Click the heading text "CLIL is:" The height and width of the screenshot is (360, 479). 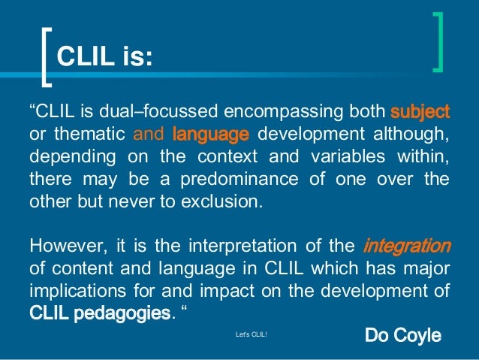click(104, 56)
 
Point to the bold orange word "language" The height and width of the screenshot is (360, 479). click(210, 135)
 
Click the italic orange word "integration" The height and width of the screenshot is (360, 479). click(406, 246)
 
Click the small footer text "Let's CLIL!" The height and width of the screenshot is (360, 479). click(251, 336)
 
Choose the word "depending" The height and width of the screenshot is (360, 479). click(65, 159)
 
